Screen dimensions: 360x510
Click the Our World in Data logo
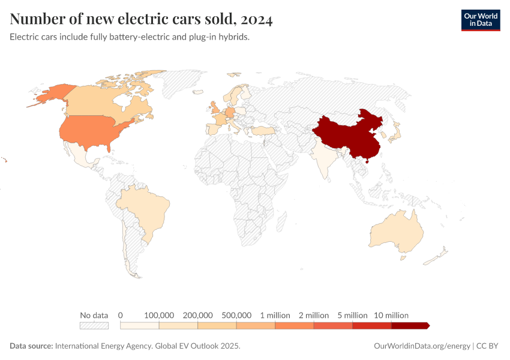tap(480, 20)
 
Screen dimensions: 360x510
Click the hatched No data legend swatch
tap(94, 325)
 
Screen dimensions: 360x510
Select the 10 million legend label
tap(391, 315)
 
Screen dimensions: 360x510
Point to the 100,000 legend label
tap(159, 315)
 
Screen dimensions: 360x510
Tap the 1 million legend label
tap(275, 315)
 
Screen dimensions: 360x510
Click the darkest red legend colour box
tap(409, 325)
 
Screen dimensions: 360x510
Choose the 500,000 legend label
tap(236, 315)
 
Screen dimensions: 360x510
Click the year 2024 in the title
tap(257, 19)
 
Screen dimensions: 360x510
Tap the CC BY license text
tap(488, 346)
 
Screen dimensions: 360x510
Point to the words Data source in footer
tap(31, 346)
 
